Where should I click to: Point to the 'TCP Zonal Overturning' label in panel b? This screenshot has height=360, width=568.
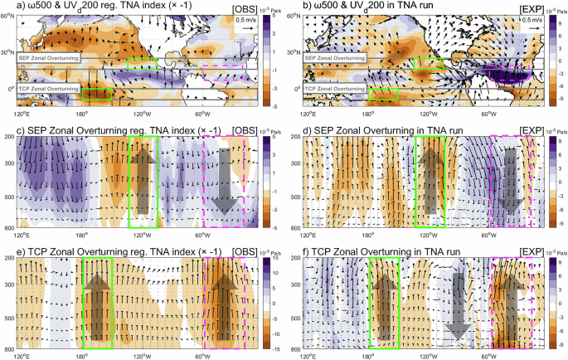333,87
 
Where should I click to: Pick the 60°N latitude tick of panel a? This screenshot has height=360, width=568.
9,17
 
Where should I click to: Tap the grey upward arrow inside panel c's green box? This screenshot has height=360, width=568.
143,180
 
